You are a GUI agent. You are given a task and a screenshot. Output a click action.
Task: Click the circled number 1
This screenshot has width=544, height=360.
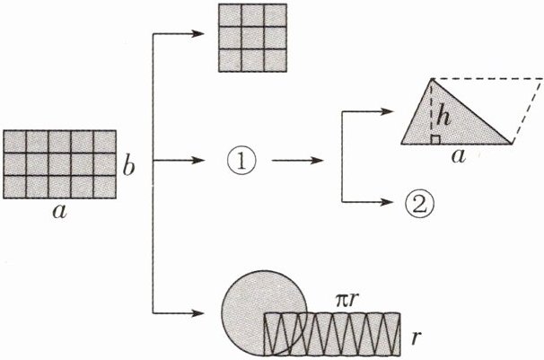tap(241, 162)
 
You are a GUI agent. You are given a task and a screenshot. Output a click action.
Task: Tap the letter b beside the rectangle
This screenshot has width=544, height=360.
tap(129, 168)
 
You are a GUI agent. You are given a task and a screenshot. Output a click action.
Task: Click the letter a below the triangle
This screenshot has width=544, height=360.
tap(458, 158)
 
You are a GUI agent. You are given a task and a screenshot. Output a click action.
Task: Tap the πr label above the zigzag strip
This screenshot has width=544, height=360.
tap(339, 297)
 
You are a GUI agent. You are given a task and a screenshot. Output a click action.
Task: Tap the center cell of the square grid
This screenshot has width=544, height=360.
tap(246, 39)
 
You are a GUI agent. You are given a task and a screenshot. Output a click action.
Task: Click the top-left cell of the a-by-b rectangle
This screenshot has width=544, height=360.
tap(15, 142)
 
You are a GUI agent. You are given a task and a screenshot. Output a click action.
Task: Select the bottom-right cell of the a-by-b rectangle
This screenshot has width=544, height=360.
tap(104, 187)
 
